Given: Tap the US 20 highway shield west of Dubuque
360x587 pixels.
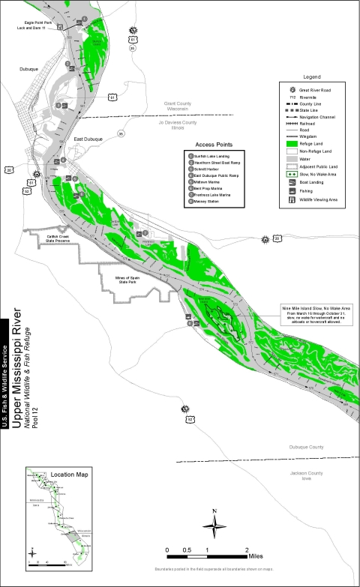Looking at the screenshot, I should pyautogui.click(x=9, y=169).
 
